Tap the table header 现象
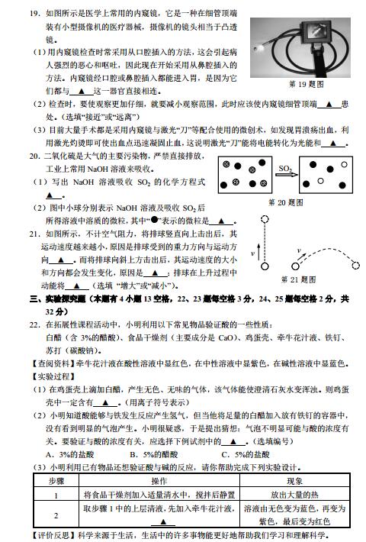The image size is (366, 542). (294, 482)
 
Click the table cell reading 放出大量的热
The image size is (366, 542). (294, 495)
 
